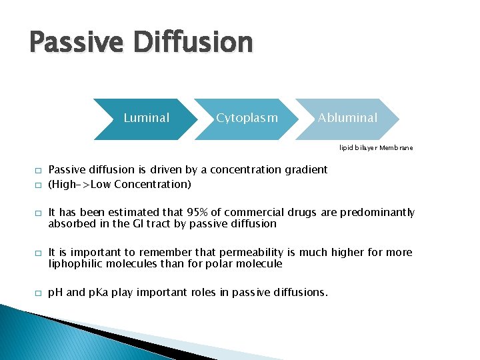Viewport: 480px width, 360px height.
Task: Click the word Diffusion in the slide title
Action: coord(193,43)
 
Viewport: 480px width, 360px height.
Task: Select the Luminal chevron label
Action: coord(147,118)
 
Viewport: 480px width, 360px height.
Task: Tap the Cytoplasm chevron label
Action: coord(247,118)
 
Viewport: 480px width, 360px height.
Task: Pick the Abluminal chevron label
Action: coord(347,118)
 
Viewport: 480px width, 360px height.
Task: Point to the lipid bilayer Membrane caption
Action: coord(375,147)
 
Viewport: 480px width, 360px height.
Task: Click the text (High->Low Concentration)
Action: coord(120,184)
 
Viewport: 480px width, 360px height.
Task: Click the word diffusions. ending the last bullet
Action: coord(301,293)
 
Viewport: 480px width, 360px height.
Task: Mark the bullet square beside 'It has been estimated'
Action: coord(39,213)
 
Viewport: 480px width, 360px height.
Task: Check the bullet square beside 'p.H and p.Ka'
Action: coord(39,293)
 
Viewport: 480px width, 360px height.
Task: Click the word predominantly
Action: coord(377,213)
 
